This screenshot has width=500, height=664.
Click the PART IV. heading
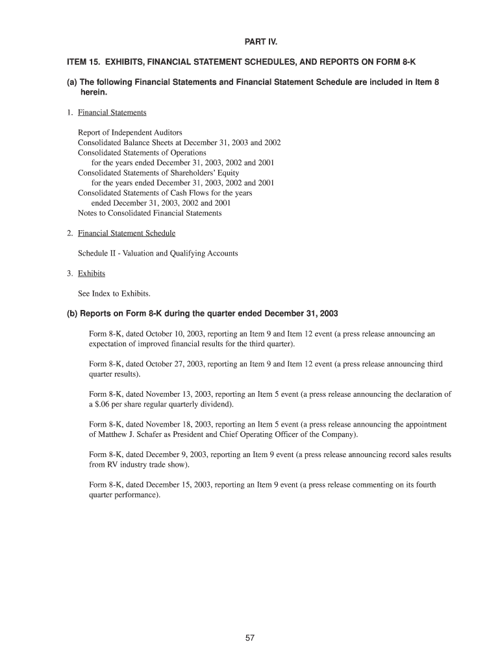pos(249,42)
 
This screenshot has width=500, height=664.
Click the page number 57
pos(250,639)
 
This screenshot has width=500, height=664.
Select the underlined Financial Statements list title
pos(112,112)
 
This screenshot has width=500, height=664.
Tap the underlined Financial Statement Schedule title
pos(127,233)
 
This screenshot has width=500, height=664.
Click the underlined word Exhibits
pos(92,273)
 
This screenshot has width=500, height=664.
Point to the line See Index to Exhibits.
pos(114,293)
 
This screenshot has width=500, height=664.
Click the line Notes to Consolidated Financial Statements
pos(149,213)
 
